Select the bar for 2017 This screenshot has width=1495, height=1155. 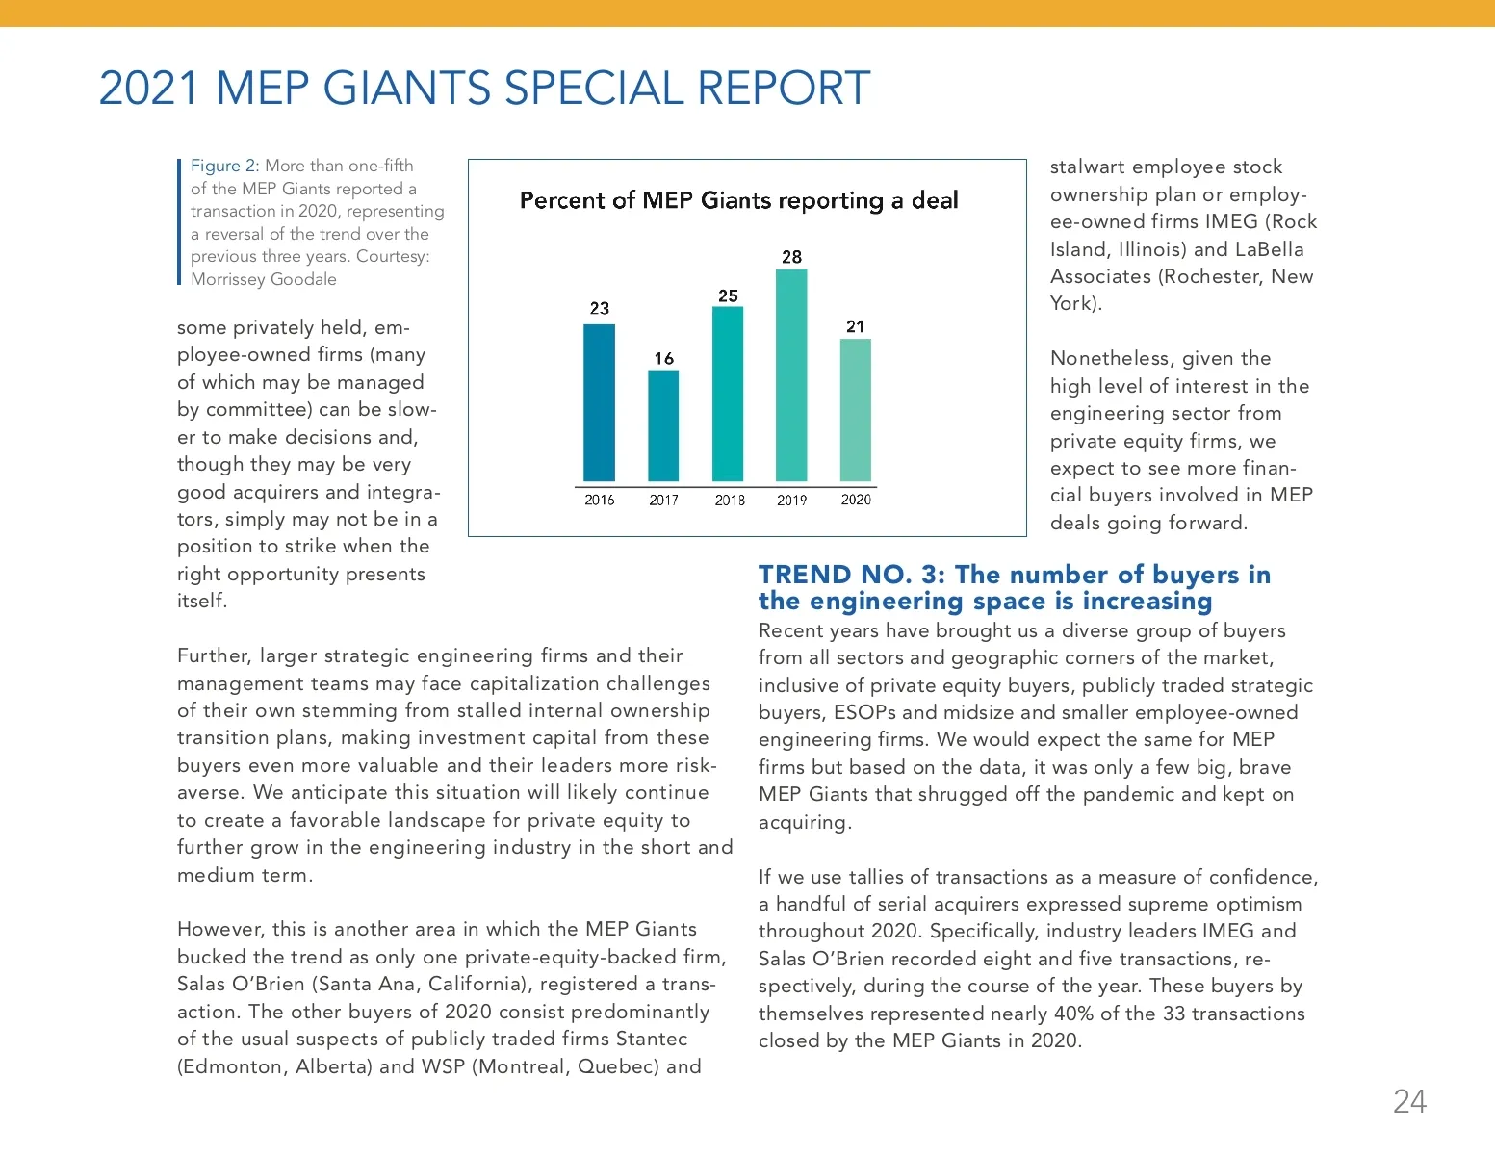(663, 425)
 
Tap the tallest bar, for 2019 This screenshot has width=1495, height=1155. (791, 375)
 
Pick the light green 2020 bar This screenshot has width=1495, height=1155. (856, 410)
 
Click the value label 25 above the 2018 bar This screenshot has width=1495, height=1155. (728, 295)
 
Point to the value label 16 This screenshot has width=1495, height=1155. (663, 358)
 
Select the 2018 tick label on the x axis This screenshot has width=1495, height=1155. (730, 500)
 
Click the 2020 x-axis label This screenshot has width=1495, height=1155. (856, 500)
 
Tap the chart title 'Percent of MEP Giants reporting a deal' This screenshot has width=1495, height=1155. (738, 200)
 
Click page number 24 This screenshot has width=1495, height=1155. (1409, 1101)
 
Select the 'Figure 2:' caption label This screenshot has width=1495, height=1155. (224, 166)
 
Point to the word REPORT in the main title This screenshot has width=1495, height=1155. (784, 88)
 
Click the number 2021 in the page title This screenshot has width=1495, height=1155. (148, 88)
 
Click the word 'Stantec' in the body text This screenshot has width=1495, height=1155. (652, 1039)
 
